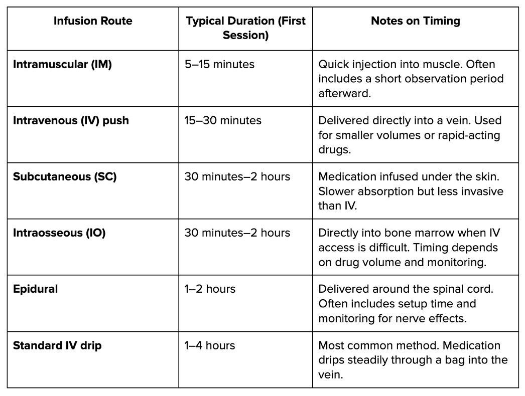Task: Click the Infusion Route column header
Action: tap(93, 21)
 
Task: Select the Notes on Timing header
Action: tap(415, 21)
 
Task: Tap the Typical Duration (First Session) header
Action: tap(245, 28)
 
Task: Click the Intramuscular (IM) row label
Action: tap(62, 65)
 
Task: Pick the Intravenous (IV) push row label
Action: tap(71, 121)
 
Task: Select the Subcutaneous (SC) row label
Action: tap(65, 177)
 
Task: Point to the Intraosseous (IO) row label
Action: tap(59, 233)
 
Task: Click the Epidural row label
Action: tap(35, 289)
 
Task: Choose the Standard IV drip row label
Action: tap(57, 345)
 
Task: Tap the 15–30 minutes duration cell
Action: tap(223, 121)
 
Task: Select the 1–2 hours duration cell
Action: tap(210, 289)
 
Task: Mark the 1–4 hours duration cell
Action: tap(210, 345)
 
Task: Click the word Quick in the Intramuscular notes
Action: tap(332, 65)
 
